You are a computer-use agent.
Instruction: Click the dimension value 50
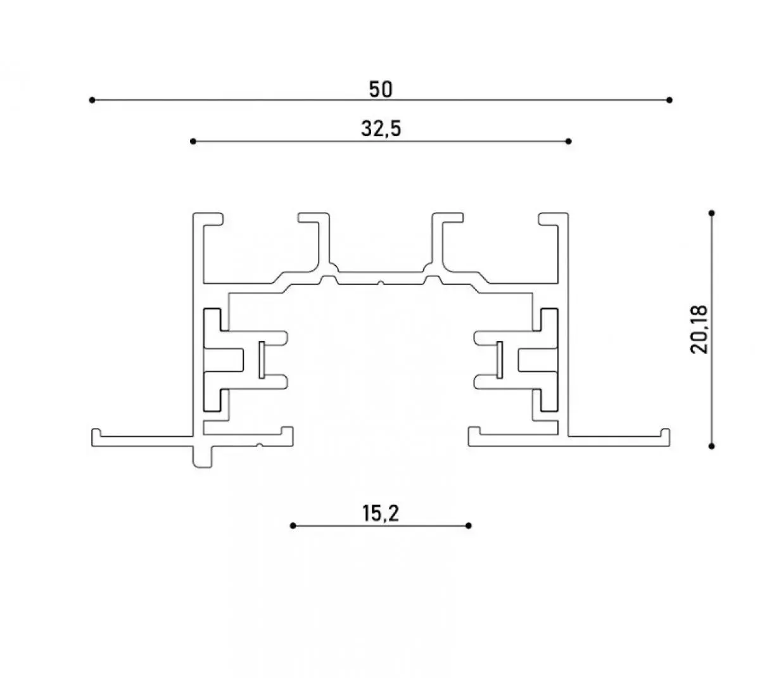pyautogui.click(x=381, y=90)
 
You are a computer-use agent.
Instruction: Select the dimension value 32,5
pyautogui.click(x=381, y=129)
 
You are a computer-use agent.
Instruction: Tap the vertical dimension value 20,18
pyautogui.click(x=699, y=330)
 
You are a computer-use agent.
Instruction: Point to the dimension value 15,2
pyautogui.click(x=381, y=513)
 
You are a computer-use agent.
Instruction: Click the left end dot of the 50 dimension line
pyautogui.click(x=92, y=100)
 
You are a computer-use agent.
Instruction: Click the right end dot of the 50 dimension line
pyautogui.click(x=669, y=100)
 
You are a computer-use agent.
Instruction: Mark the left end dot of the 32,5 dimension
pyautogui.click(x=193, y=141)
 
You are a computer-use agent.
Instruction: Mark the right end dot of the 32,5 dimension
pyautogui.click(x=568, y=141)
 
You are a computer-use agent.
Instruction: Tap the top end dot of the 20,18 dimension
pyautogui.click(x=712, y=213)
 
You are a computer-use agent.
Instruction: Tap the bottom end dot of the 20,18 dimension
pyautogui.click(x=712, y=446)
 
